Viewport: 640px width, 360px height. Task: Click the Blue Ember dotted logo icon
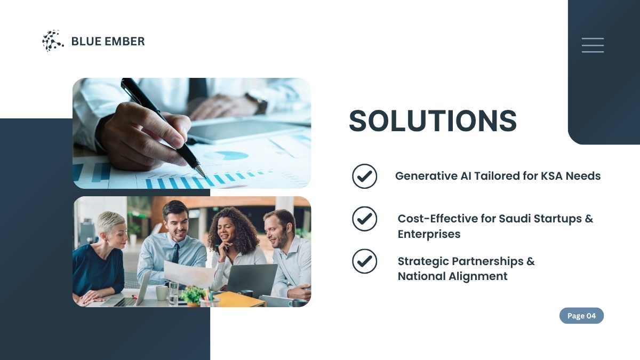pyautogui.click(x=53, y=41)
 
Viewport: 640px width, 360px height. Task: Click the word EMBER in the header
pyautogui.click(x=125, y=42)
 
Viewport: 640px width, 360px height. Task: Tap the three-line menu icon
pyautogui.click(x=593, y=45)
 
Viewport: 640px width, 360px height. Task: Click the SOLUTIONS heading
pyautogui.click(x=433, y=121)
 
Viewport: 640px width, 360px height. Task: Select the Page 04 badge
pyautogui.click(x=581, y=316)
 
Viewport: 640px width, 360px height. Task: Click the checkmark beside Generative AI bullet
pyautogui.click(x=365, y=176)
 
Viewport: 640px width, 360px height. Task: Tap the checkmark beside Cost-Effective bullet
pyautogui.click(x=365, y=219)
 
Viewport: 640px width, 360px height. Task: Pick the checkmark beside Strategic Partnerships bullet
pyautogui.click(x=365, y=261)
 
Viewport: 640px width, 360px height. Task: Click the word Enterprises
pyautogui.click(x=429, y=234)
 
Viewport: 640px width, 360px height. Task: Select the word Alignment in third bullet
pyautogui.click(x=478, y=277)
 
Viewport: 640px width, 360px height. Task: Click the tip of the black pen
pyautogui.click(x=205, y=178)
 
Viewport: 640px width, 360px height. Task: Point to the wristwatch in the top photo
pyautogui.click(x=258, y=102)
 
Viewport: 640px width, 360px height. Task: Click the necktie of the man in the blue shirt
pyautogui.click(x=175, y=254)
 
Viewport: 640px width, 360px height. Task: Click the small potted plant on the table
pyautogui.click(x=193, y=296)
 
